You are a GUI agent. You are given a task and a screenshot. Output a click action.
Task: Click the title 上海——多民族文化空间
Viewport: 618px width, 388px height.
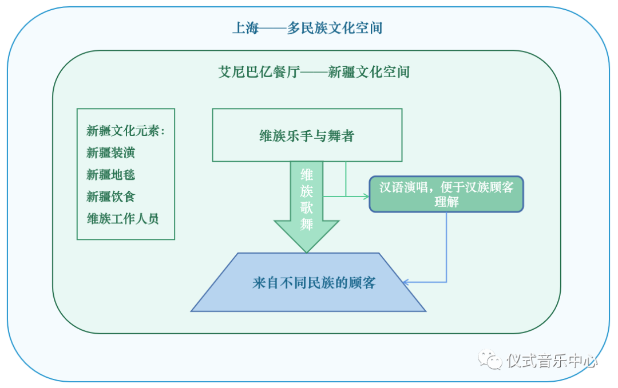(307, 28)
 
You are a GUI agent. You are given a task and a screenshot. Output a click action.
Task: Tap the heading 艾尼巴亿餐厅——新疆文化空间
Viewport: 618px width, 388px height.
(314, 73)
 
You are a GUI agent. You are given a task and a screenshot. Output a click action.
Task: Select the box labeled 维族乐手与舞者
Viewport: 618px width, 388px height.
(307, 135)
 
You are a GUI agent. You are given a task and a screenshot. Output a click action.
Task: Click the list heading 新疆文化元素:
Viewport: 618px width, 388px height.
(125, 131)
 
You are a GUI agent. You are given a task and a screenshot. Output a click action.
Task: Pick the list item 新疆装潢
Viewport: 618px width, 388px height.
(111, 153)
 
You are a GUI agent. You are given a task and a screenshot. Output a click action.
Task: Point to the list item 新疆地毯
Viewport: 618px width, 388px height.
(111, 175)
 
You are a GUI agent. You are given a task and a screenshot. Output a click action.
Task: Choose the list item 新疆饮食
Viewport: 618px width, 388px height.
(111, 197)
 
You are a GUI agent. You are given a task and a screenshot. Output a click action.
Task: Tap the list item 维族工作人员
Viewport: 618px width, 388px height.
(122, 219)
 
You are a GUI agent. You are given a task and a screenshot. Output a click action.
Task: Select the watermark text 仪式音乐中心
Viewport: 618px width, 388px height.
(552, 361)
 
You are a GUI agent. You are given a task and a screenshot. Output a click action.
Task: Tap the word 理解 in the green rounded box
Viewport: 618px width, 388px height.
(446, 202)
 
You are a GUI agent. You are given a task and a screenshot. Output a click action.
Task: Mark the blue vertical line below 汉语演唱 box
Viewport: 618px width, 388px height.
(446, 246)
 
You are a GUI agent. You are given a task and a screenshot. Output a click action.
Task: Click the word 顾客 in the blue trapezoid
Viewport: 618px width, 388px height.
(362, 283)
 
